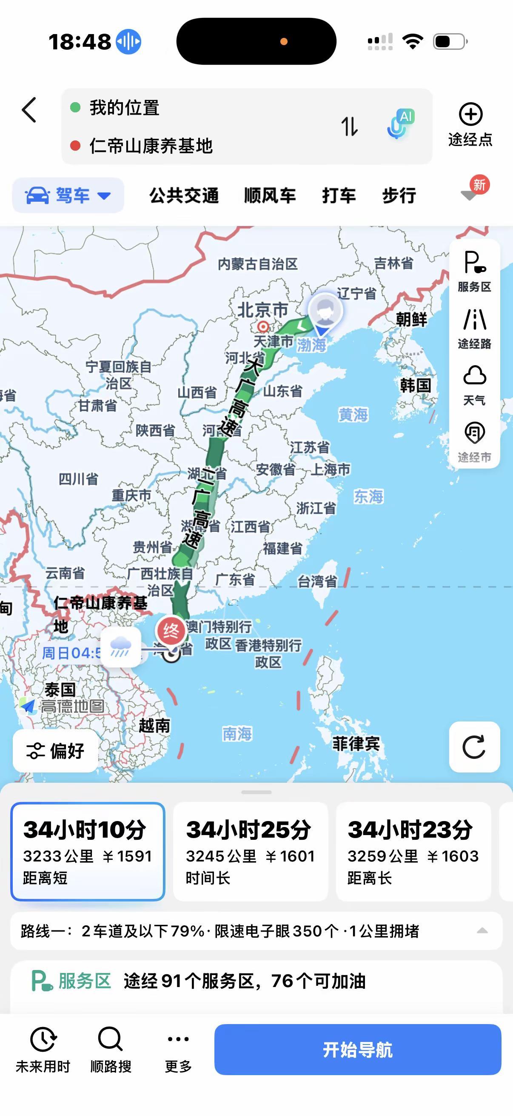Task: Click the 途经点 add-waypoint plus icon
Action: pyautogui.click(x=470, y=114)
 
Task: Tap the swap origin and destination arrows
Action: pyautogui.click(x=349, y=126)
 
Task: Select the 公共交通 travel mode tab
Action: pyautogui.click(x=184, y=195)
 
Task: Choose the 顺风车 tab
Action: pyautogui.click(x=270, y=195)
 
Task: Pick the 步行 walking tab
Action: pyautogui.click(x=399, y=195)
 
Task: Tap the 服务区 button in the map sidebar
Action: pyautogui.click(x=474, y=271)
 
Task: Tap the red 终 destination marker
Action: pyautogui.click(x=171, y=631)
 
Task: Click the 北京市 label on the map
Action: pyautogui.click(x=262, y=310)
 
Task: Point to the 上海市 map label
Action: pyautogui.click(x=331, y=469)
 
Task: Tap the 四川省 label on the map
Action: pyautogui.click(x=78, y=479)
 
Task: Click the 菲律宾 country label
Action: pyautogui.click(x=356, y=744)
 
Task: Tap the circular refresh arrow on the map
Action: pyautogui.click(x=474, y=747)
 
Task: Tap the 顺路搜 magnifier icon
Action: pyautogui.click(x=111, y=1039)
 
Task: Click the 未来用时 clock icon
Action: pyautogui.click(x=43, y=1039)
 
